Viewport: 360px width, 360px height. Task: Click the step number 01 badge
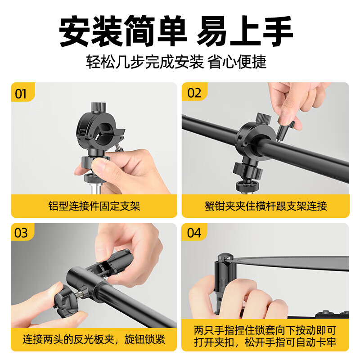(21, 94)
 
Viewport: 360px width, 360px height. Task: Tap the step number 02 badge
(194, 94)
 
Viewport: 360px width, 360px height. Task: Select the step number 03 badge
(21, 233)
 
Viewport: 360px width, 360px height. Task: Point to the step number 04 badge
(194, 233)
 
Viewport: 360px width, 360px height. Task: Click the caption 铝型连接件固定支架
(94, 206)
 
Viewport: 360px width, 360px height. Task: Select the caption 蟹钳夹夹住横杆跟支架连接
(265, 206)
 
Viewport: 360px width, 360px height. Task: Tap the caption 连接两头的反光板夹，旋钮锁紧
(94, 339)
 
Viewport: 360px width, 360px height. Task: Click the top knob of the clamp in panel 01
(97, 108)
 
